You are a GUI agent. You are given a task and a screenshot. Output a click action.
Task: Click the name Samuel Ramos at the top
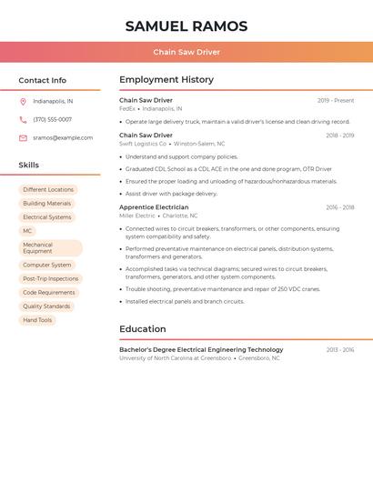coord(186,26)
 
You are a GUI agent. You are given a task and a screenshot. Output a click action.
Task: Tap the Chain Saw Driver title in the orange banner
coord(186,52)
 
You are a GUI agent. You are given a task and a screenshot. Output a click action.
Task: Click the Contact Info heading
coord(43,80)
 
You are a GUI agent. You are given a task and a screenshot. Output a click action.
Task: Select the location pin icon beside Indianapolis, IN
coord(23,101)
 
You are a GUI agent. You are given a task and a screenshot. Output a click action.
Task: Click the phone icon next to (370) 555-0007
coord(23,119)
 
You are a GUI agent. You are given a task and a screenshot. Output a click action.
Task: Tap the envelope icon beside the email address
coord(23,137)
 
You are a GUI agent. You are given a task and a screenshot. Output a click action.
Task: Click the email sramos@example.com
coord(63,137)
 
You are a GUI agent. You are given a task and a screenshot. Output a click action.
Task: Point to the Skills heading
coord(29,165)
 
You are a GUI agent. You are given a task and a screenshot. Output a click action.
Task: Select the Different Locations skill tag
coord(48,190)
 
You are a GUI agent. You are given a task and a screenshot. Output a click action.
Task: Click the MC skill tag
coord(27,231)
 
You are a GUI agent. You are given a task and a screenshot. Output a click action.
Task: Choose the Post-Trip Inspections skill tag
coord(51,278)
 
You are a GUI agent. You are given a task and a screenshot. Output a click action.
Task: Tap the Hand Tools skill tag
coord(37,320)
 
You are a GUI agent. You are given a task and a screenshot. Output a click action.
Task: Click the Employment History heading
coord(166,80)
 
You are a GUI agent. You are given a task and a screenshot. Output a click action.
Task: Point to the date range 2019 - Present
coord(336,100)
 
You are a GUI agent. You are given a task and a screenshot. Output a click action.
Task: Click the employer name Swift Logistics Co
coord(143,144)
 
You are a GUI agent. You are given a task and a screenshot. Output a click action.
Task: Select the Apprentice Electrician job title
coord(154,207)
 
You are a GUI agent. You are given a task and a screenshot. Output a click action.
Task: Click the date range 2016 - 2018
coord(340,207)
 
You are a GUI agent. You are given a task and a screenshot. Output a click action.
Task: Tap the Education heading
coord(143,329)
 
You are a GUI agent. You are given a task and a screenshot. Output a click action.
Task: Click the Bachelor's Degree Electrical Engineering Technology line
coord(201,349)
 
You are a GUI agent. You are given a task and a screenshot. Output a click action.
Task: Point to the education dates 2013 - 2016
coord(340,349)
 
